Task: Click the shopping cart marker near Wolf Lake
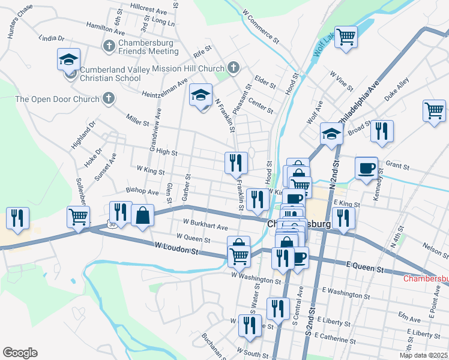click(x=346, y=37)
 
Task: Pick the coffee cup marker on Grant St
click(x=366, y=167)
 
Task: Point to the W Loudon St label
click(x=176, y=246)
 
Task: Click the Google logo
click(x=20, y=353)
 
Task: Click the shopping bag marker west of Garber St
click(x=142, y=215)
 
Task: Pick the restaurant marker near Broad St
click(x=381, y=131)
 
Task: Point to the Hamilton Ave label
click(x=105, y=28)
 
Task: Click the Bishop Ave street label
click(x=142, y=191)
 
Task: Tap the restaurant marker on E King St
click(x=343, y=218)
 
